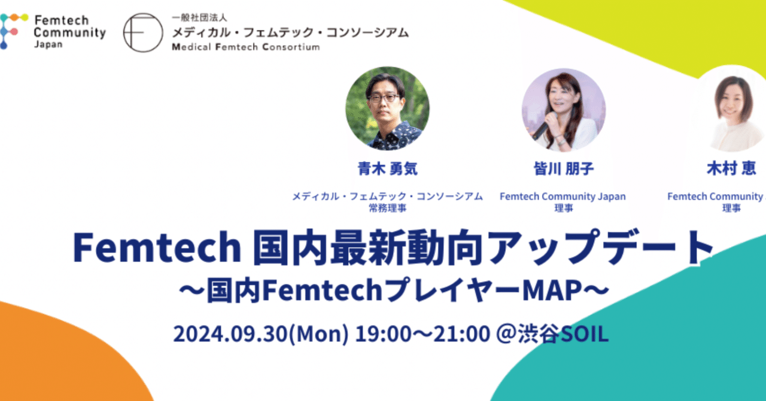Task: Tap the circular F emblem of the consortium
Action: tap(143, 32)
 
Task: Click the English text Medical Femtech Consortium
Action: tap(245, 47)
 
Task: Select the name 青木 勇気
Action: tap(387, 169)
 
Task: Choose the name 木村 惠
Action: tap(731, 169)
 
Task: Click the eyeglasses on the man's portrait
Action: tap(383, 98)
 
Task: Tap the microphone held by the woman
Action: tap(540, 129)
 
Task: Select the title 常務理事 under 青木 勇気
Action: tap(387, 208)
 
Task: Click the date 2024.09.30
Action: tap(230, 334)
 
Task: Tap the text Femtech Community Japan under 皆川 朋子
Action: tap(563, 196)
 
